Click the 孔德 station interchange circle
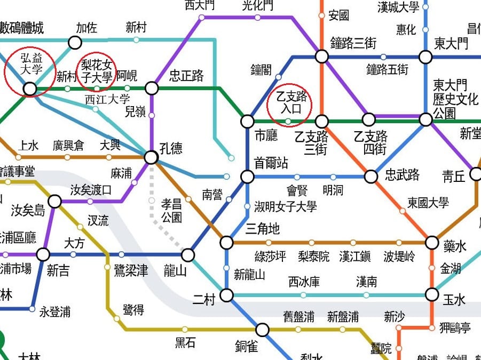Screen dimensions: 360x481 [x=151, y=157]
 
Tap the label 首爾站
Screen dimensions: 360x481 [x=271, y=163]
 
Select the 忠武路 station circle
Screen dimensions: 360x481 [x=371, y=177]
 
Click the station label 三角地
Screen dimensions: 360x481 [x=262, y=229]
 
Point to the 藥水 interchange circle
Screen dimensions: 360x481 [x=432, y=243]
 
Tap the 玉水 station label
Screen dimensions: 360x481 [x=454, y=300]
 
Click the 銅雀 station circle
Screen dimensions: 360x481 [x=262, y=330]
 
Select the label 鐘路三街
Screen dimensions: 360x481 [x=353, y=43]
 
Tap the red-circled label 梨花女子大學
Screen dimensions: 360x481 [x=97, y=71]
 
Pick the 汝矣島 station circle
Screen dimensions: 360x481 [x=54, y=201]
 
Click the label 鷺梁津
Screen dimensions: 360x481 [x=131, y=271]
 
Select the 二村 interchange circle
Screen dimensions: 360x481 [x=227, y=295]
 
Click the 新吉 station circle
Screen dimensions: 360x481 [x=43, y=254]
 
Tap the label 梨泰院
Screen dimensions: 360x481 [x=314, y=257]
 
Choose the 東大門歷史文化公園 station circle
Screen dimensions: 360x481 [x=425, y=119]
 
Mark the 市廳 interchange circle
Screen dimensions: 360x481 [x=247, y=121]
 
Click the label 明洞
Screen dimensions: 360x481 [x=333, y=190]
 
